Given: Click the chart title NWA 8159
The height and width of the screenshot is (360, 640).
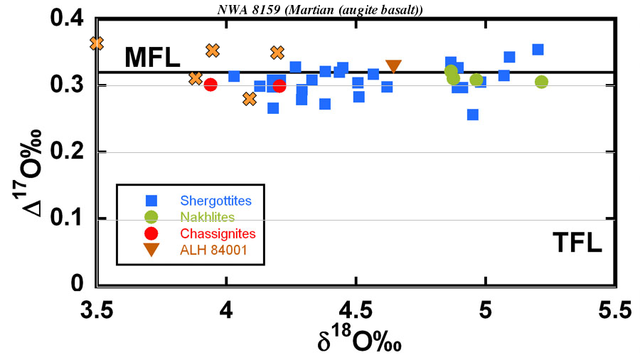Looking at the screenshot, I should [319, 8].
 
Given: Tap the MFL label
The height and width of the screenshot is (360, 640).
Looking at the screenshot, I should [152, 58].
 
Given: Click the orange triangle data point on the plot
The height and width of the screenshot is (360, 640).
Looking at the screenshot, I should [393, 66].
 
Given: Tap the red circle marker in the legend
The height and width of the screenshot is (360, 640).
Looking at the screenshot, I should [151, 233].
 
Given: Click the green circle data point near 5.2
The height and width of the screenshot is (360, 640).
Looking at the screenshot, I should [541, 82].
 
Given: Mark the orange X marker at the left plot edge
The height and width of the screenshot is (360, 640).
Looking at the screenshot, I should [97, 43].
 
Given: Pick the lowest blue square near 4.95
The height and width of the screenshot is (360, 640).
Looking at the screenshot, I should [472, 115].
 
